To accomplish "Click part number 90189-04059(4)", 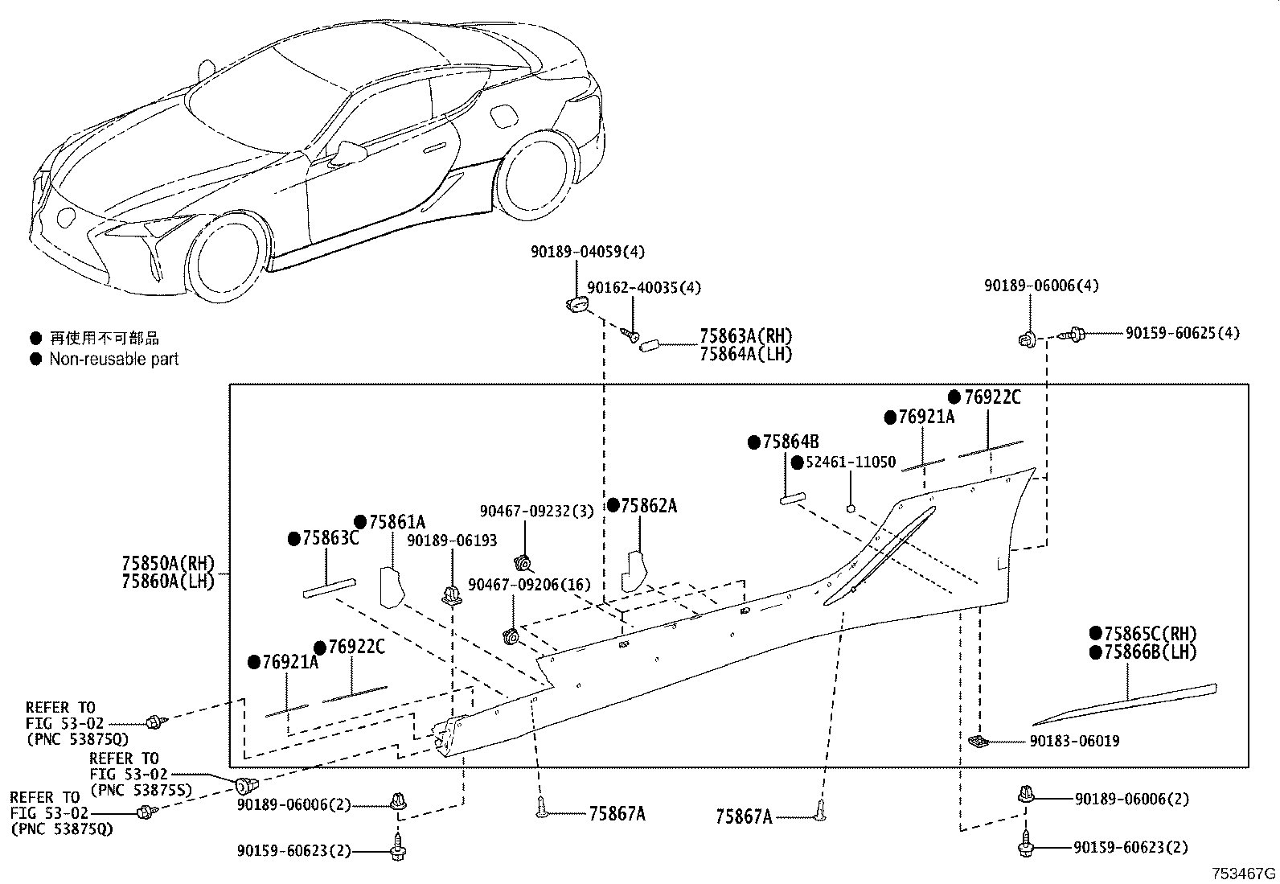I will coord(587,252).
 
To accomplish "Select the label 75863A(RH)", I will coord(745,336).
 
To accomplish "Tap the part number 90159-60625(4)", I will coord(1182,333).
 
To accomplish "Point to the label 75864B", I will coord(790,442).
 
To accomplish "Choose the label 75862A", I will coord(648,506).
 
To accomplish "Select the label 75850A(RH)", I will coord(169,564).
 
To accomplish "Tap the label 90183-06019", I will coord(1074,741).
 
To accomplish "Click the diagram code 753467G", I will coord(1245,874).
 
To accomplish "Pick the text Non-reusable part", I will coord(113,360).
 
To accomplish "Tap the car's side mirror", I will coord(351,150).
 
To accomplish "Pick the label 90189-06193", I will coord(451,541).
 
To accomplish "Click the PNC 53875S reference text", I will coord(142,791).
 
